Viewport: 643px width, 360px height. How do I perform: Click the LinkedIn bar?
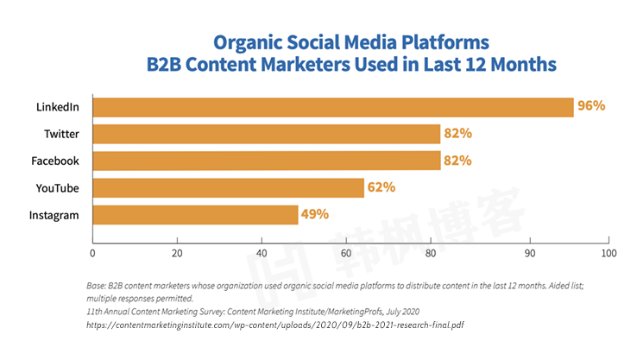(x=332, y=107)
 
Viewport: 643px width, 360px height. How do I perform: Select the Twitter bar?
(x=266, y=134)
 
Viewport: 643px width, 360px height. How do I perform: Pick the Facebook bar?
(x=266, y=161)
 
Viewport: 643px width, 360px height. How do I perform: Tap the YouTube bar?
(x=228, y=187)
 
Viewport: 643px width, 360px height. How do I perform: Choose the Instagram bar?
(x=195, y=214)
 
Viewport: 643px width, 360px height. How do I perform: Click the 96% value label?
(x=592, y=107)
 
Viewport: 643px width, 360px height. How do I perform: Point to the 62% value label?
(x=381, y=187)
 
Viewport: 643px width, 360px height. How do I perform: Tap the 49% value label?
(x=315, y=214)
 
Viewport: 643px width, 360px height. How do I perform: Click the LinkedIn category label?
(x=58, y=107)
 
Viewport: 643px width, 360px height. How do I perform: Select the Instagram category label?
(x=55, y=214)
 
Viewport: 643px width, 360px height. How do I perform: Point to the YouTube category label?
(x=58, y=187)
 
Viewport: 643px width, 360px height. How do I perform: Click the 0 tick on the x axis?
(x=92, y=253)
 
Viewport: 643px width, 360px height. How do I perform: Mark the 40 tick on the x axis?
(x=261, y=253)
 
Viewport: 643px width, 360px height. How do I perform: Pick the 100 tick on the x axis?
(x=609, y=253)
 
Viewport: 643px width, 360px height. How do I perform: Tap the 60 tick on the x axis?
(x=345, y=253)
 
